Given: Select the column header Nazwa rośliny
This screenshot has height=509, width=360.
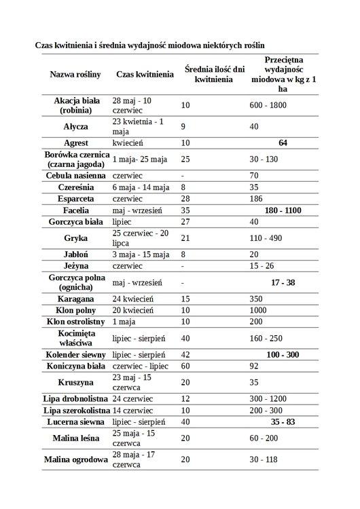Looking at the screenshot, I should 75,74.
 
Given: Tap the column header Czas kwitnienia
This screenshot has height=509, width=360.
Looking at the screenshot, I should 143,74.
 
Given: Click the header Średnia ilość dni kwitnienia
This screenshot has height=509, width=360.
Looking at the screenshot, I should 213,74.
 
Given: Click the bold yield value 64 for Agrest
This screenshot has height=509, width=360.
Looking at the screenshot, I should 283,143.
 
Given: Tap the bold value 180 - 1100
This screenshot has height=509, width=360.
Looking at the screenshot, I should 283,211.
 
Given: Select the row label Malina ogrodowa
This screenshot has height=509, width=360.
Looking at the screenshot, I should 75,460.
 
